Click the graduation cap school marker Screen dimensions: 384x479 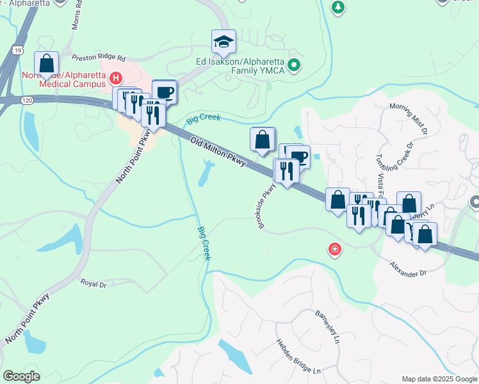pyautogui.click(x=223, y=42)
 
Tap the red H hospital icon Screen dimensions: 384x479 pyautogui.click(x=116, y=79)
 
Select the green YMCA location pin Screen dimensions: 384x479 pyautogui.click(x=294, y=64)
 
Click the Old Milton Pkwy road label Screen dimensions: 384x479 pyautogui.click(x=218, y=152)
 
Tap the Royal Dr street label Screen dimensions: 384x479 pyautogui.click(x=93, y=282)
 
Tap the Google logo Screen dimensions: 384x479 pyautogui.click(x=21, y=376)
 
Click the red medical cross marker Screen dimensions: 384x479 pyautogui.click(x=334, y=250)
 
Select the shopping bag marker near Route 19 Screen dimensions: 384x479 pyautogui.click(x=47, y=64)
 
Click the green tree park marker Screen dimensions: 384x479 pyautogui.click(x=337, y=7)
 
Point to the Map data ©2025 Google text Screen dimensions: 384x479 pyautogui.click(x=439, y=379)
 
